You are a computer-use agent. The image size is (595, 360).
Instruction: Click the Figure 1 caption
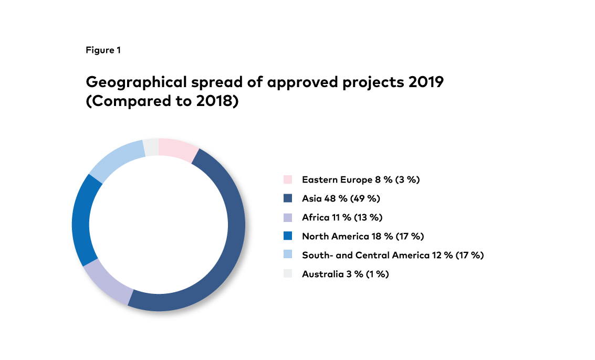pos(103,50)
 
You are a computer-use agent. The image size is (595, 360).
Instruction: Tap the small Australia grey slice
pos(151,147)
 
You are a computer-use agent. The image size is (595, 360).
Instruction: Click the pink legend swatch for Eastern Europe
pos(287,180)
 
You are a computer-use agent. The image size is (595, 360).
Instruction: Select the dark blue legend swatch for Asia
pos(287,199)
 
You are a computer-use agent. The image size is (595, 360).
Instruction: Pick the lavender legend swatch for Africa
pos(287,218)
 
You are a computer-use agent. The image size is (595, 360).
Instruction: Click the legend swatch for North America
pos(287,237)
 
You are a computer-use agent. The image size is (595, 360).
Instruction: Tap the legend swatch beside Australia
pos(287,274)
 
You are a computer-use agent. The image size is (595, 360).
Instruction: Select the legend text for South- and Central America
pos(392,256)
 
